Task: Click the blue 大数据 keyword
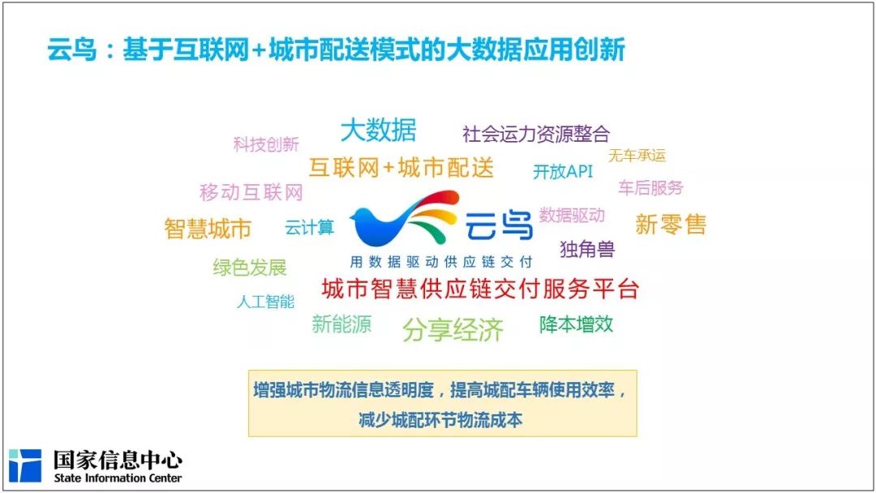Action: point(378,130)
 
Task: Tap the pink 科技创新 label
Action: point(266,145)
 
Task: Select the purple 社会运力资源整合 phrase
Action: point(535,134)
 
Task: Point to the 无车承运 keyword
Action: point(637,156)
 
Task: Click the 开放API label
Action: point(563,172)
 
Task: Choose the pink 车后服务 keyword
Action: point(651,187)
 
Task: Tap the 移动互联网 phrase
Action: point(251,193)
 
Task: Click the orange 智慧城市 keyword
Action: point(208,229)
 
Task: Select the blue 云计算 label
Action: point(309,228)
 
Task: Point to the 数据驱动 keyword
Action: point(572,215)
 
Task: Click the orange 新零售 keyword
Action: point(671,225)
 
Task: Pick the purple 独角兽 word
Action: point(587,249)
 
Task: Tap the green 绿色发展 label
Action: point(249,268)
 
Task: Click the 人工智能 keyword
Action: point(265,302)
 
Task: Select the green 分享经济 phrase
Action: point(453,329)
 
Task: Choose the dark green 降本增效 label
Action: point(576,324)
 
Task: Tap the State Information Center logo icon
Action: point(24,465)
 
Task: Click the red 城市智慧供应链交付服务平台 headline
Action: point(480,289)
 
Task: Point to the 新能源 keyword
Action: point(341,324)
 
